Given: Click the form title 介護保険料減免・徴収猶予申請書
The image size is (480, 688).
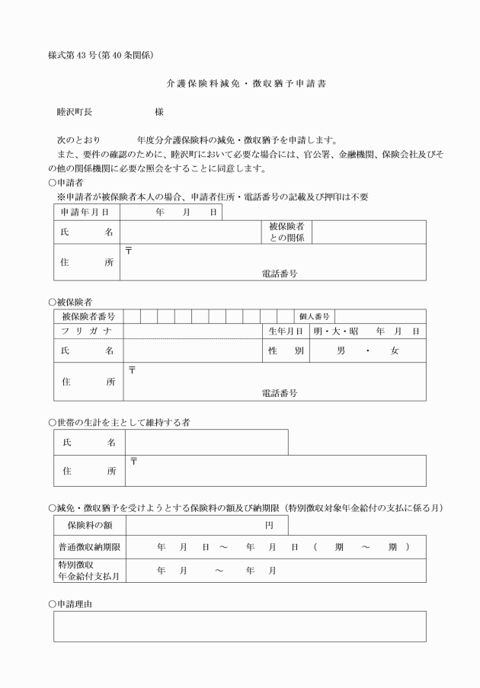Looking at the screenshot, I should pos(241,81).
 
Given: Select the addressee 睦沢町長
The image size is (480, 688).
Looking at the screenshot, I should pos(75,111).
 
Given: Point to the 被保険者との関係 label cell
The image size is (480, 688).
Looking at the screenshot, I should pos(286,232).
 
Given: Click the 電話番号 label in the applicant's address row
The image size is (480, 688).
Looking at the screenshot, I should pos(278,274).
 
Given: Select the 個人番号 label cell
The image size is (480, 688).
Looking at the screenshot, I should pos(314,316).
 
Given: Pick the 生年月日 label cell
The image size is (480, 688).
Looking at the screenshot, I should pos(286,331).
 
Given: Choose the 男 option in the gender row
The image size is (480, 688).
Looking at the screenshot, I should pos(341,350).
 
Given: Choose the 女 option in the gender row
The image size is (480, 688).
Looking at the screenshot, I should pos(394,350).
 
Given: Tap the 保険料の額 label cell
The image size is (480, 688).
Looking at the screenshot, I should pos(90,526).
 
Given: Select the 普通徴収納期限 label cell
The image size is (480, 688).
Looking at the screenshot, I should pos(90,547).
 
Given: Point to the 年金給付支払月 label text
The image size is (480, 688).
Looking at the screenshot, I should pos(90,577).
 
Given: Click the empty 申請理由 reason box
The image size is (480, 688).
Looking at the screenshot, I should pos(239,626).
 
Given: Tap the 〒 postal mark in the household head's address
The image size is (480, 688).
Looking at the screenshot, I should pos(134,461).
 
